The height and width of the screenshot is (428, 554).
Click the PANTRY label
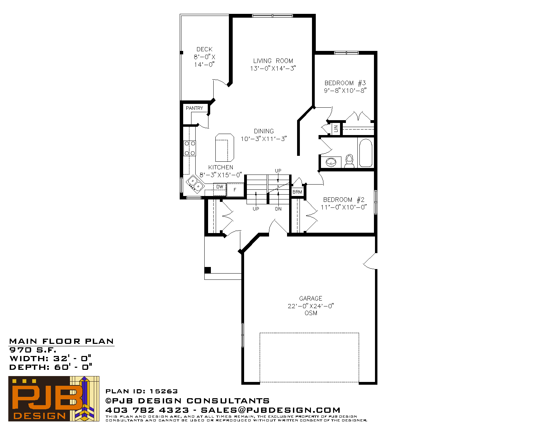point(194,108)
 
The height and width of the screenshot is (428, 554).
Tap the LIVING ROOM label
point(273,61)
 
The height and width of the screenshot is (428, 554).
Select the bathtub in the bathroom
point(366,153)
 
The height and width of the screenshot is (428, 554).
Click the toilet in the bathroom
point(349,161)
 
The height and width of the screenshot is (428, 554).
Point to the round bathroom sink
point(331,162)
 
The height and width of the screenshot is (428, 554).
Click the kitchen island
point(225,148)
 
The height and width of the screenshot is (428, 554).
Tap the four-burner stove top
point(190,148)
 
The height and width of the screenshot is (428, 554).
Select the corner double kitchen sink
point(195,183)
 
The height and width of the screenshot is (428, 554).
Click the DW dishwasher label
point(220,187)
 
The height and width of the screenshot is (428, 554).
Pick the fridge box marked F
point(235,190)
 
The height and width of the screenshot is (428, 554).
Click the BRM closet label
point(297,192)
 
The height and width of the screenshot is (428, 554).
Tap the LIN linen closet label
point(336,129)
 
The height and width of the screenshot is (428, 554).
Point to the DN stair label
point(278,209)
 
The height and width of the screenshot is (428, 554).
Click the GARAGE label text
point(311,298)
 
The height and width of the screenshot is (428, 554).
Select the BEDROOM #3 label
point(345,83)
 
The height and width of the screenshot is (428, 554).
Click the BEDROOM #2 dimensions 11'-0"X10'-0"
point(344,207)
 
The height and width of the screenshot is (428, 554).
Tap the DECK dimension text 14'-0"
point(204,65)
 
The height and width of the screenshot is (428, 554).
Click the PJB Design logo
point(54,399)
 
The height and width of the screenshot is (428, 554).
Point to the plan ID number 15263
point(163,391)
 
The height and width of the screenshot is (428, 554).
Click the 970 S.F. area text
point(33,350)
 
